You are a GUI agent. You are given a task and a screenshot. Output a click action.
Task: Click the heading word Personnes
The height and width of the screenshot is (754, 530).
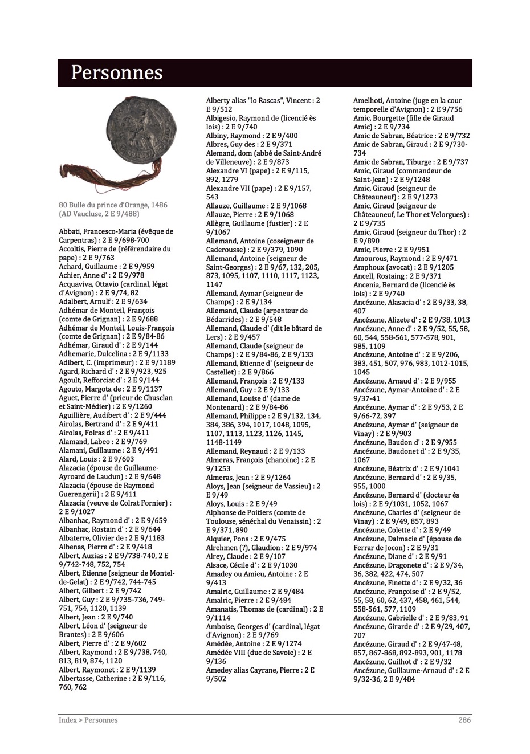click(x=117, y=73)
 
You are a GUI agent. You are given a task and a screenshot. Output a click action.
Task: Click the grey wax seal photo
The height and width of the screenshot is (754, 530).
click(x=138, y=131)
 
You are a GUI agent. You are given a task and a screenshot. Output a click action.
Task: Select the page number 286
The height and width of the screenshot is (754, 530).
click(x=464, y=720)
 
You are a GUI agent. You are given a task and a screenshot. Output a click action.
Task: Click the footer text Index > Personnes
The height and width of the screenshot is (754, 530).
click(x=88, y=720)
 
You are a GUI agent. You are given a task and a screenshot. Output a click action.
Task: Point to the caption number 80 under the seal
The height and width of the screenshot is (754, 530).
click(x=63, y=205)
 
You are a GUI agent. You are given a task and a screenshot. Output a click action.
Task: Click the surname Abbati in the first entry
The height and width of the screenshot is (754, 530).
click(x=70, y=231)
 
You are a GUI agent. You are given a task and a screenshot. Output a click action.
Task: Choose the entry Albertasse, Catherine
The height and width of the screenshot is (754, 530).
click(x=93, y=679)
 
